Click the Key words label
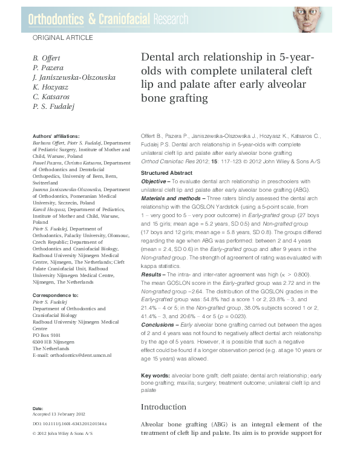pyautogui.click(x=154, y=375)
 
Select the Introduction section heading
pyautogui.click(x=167, y=407)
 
